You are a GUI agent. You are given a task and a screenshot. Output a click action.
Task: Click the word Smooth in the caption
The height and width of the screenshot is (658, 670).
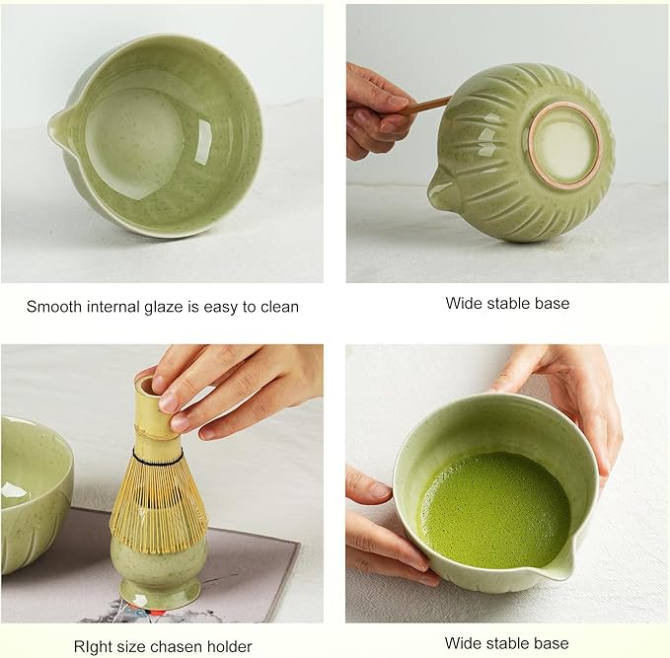55,307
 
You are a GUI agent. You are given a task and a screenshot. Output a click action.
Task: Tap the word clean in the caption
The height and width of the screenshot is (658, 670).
277,307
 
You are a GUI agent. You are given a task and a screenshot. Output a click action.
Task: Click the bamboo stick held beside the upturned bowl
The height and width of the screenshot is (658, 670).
427,104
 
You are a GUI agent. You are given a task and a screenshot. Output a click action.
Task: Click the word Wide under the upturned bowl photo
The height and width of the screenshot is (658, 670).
464,303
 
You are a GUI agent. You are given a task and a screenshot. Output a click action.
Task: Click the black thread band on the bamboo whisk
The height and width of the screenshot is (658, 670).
158,459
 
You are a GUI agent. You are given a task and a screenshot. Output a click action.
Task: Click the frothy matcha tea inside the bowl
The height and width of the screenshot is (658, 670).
493,508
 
